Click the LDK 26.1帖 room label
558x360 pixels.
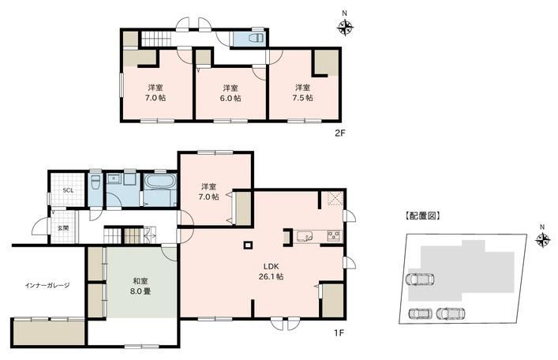tap(271, 271)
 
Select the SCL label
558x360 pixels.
tap(68, 190)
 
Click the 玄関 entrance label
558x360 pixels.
tap(63, 228)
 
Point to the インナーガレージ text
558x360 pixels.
tap(47, 285)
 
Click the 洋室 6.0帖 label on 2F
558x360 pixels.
tap(230, 93)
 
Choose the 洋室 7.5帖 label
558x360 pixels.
tap(302, 92)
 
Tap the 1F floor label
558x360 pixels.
tap(339, 333)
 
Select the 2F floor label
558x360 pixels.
tap(339, 133)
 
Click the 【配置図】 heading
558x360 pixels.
tap(422, 216)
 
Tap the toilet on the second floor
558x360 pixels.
tap(257, 38)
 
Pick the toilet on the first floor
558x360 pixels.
tap(95, 182)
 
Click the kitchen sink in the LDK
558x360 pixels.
tap(305, 236)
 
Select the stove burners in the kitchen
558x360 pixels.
tap(335, 236)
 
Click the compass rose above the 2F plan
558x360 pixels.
tap(345, 27)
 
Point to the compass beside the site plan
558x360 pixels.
tap(542, 239)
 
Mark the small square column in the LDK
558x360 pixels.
tap(248, 245)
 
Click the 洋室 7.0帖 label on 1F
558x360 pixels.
tap(209, 191)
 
